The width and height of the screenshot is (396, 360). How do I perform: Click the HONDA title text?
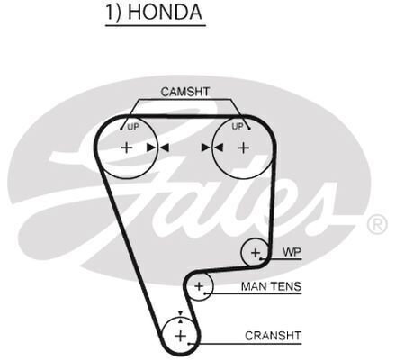(x=165, y=12)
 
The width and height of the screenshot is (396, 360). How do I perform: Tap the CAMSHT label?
(x=185, y=92)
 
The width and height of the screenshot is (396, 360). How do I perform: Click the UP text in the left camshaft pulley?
(x=133, y=127)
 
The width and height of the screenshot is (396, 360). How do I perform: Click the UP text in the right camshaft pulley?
(x=238, y=127)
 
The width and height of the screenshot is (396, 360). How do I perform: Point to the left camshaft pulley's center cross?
(x=127, y=148)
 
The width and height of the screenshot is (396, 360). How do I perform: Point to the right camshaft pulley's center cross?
(x=244, y=148)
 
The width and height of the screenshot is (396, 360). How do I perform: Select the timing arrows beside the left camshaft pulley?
(x=157, y=148)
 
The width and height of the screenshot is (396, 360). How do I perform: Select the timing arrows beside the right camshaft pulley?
(x=212, y=148)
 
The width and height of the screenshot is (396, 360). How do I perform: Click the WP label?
(x=292, y=252)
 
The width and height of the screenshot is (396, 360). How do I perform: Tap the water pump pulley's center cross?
(x=256, y=253)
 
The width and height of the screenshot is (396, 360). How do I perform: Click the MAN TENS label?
(x=271, y=286)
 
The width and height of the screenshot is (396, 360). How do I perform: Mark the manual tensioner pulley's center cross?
(x=199, y=286)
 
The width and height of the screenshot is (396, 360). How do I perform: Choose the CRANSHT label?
(x=273, y=336)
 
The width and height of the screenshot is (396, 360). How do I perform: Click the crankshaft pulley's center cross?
(x=180, y=336)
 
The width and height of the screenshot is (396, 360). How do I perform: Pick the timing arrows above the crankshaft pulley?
(x=180, y=317)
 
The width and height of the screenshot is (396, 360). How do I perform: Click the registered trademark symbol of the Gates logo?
(x=377, y=225)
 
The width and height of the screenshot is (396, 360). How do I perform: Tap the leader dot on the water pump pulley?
(x=261, y=258)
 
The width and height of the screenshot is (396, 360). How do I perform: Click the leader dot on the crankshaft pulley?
(x=189, y=343)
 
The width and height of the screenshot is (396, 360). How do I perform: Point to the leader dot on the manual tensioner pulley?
(x=205, y=293)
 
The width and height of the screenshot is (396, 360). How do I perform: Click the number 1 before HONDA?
(x=111, y=13)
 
